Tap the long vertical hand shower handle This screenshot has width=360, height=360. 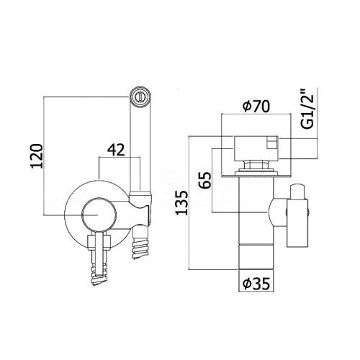coord(140,144)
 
